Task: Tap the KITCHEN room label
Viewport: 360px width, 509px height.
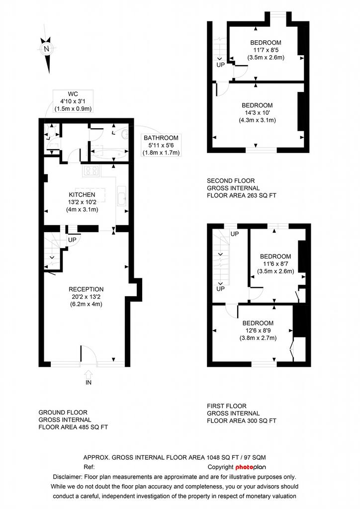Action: click(x=82, y=195)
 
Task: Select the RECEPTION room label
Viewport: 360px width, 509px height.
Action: click(x=86, y=289)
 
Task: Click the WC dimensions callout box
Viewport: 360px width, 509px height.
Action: click(x=73, y=101)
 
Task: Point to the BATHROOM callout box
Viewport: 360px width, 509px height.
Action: click(x=161, y=145)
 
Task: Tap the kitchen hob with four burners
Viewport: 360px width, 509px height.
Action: click(x=91, y=171)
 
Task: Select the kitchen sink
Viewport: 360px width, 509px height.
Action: click(x=122, y=196)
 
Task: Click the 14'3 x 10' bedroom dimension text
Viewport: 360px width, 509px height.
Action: click(x=257, y=113)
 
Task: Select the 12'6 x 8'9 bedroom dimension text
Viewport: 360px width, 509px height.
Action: click(x=258, y=331)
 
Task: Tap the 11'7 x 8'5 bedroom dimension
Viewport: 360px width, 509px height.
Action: click(x=266, y=50)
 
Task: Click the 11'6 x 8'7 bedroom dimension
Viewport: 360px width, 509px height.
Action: click(x=275, y=264)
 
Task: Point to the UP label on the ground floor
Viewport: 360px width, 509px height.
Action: click(x=72, y=240)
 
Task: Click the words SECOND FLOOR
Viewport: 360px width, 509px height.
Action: click(x=231, y=181)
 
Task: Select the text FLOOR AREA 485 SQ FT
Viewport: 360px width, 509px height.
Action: click(x=73, y=427)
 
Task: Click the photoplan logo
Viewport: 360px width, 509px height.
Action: click(x=251, y=467)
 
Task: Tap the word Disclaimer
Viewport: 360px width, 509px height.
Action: click(x=67, y=477)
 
